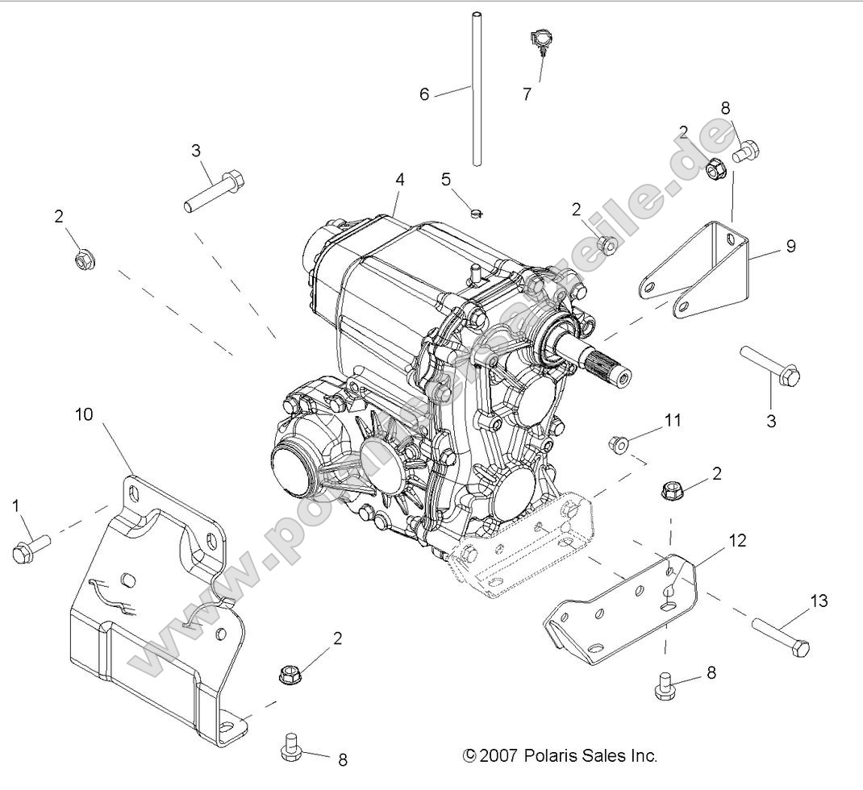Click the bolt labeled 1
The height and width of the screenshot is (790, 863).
point(28,547)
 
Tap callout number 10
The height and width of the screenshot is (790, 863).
point(84,414)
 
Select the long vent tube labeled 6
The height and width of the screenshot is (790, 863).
point(477,89)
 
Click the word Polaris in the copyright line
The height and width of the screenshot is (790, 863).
point(552,756)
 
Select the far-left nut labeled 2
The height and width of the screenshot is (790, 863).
point(82,260)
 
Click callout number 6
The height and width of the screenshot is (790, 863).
point(424,94)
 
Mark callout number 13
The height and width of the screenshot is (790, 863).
point(819,601)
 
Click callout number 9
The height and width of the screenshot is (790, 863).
point(790,247)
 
